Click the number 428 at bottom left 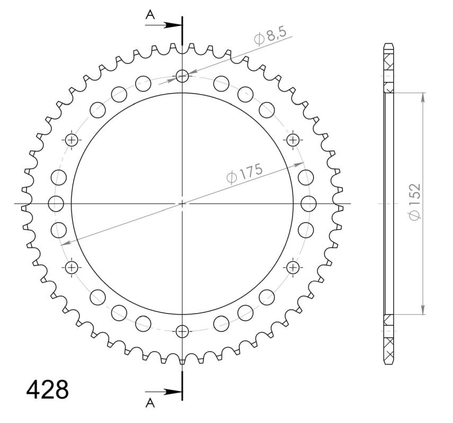coord(48,390)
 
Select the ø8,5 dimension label coord(270,37)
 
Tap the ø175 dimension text coord(244,173)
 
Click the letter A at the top coord(150,15)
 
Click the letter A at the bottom coord(150,403)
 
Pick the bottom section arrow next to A coord(168,392)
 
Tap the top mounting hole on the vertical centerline coord(182,76)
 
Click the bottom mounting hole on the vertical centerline coord(182,332)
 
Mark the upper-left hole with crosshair coord(72,140)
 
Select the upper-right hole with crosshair coord(292,140)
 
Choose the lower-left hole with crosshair coord(72,267)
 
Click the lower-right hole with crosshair coord(292,267)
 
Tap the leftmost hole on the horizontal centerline coord(56,204)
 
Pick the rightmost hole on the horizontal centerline coord(308,204)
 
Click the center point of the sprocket coord(182,204)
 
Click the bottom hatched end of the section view coord(389,341)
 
